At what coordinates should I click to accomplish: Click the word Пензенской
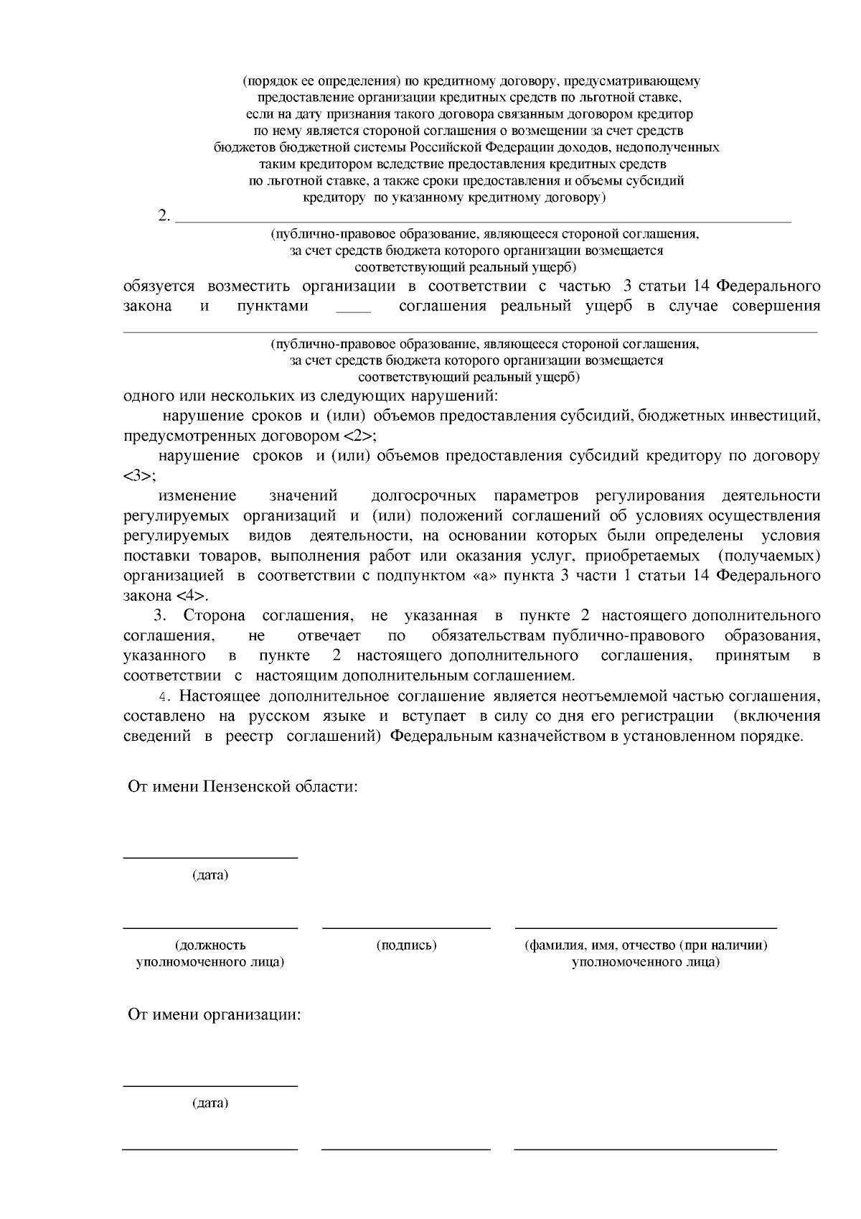[247, 786]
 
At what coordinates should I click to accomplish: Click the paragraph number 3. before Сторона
[159, 615]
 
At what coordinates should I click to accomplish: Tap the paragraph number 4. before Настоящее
[166, 696]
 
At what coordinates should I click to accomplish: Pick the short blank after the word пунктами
[353, 307]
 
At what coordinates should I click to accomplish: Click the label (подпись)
[406, 945]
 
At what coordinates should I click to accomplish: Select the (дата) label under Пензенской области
[210, 875]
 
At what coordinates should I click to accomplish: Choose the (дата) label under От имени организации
[210, 1103]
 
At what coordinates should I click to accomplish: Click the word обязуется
[159, 286]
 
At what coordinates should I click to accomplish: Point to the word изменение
[197, 496]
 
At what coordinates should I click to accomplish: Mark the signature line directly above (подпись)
[406, 928]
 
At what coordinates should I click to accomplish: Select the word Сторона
[215, 615]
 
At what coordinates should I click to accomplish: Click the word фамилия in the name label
[557, 945]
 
